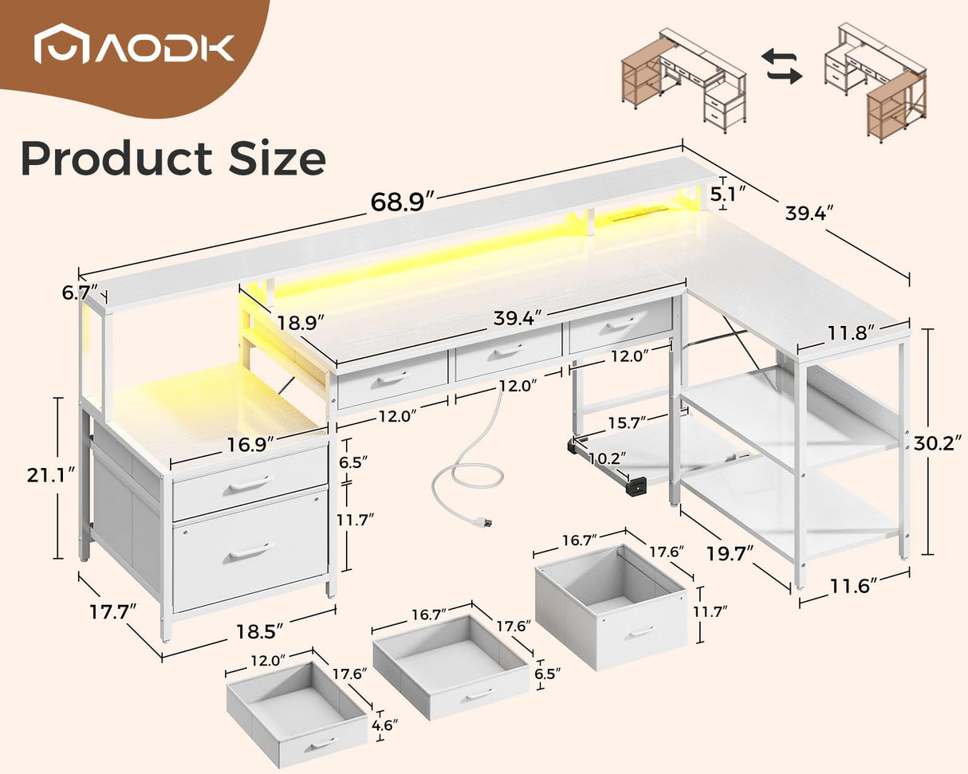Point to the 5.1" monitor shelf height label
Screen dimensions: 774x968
(727, 194)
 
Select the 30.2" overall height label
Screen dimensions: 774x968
(938, 443)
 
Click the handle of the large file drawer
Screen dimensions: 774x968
(250, 551)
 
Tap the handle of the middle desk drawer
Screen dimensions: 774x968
(507, 350)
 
